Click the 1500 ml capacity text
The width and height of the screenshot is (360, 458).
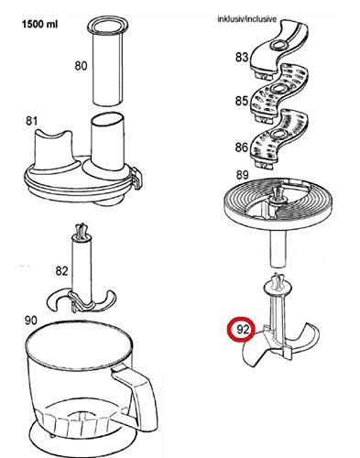39,24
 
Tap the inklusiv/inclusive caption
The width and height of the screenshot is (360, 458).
247,19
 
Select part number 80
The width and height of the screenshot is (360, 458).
81,66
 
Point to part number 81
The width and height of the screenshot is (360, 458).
31,121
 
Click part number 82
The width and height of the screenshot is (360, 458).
61,271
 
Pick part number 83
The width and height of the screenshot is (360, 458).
242,57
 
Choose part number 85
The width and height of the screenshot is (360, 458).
242,101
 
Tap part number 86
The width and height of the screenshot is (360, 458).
242,147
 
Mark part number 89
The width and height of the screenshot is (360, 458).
242,175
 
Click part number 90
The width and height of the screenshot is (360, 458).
30,321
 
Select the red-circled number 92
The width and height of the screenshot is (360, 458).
243,330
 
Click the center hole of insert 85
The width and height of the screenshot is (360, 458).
278,89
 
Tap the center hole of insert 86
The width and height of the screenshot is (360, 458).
278,134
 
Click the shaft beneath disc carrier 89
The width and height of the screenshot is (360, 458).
278,248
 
